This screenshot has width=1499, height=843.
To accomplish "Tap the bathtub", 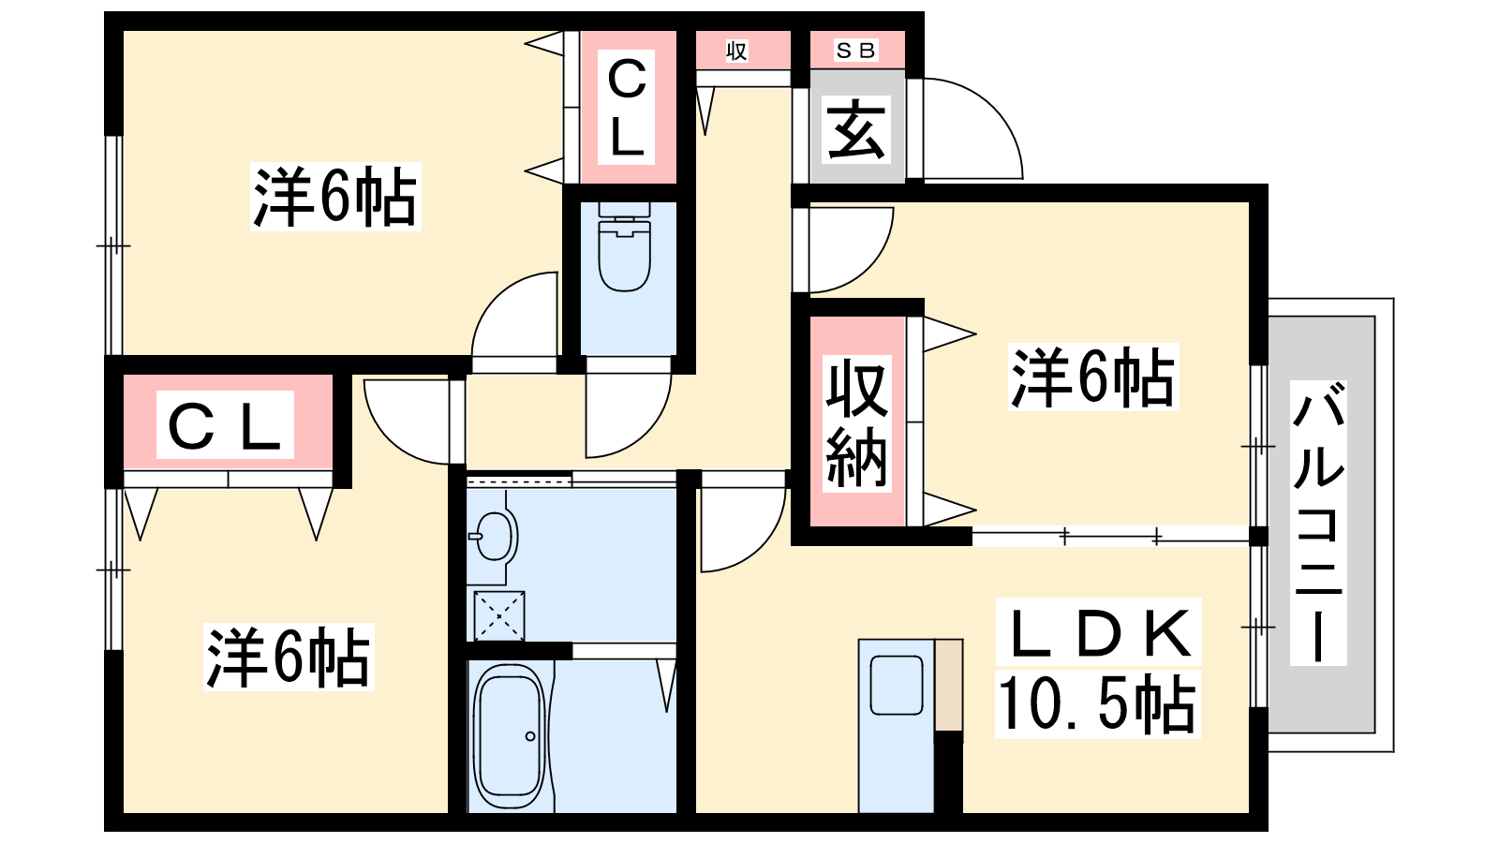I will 509,735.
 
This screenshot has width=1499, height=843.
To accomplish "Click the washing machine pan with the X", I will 498,615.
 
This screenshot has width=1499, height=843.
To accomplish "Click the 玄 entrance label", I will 856,131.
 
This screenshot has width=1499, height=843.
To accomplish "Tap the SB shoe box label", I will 856,51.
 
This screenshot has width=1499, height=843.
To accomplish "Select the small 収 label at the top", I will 736,52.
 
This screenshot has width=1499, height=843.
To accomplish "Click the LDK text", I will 1098,632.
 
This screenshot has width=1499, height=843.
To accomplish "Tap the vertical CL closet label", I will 627,108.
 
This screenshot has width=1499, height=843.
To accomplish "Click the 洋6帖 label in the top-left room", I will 335,196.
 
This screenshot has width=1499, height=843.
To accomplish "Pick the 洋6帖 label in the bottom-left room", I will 289,657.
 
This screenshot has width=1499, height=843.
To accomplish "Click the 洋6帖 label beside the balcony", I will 1092,377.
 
